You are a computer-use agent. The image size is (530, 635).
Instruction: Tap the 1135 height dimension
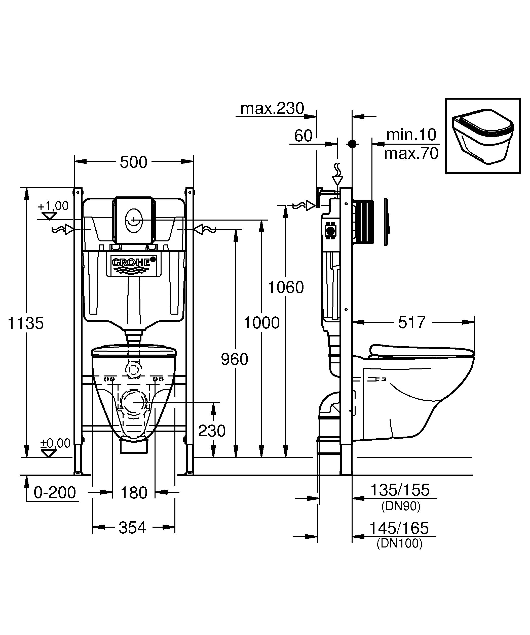(x=26, y=323)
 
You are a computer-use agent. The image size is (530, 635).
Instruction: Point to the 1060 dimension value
(x=286, y=287)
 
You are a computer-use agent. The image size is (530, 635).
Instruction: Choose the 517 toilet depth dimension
(x=412, y=322)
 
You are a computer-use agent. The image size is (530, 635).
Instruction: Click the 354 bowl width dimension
(x=132, y=528)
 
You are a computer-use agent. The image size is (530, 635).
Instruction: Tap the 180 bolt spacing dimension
(x=134, y=493)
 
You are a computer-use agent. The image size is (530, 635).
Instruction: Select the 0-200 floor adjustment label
(x=55, y=493)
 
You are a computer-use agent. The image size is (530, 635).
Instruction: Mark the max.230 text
(x=272, y=108)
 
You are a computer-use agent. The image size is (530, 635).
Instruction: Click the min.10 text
(x=411, y=135)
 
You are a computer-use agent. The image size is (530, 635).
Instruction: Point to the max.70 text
(x=411, y=153)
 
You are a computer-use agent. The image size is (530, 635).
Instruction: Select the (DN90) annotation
(x=401, y=506)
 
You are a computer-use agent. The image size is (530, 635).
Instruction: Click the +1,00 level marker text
(x=53, y=206)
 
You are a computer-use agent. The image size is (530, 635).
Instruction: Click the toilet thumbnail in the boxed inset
(x=482, y=136)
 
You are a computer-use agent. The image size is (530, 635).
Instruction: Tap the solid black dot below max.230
(x=352, y=144)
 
